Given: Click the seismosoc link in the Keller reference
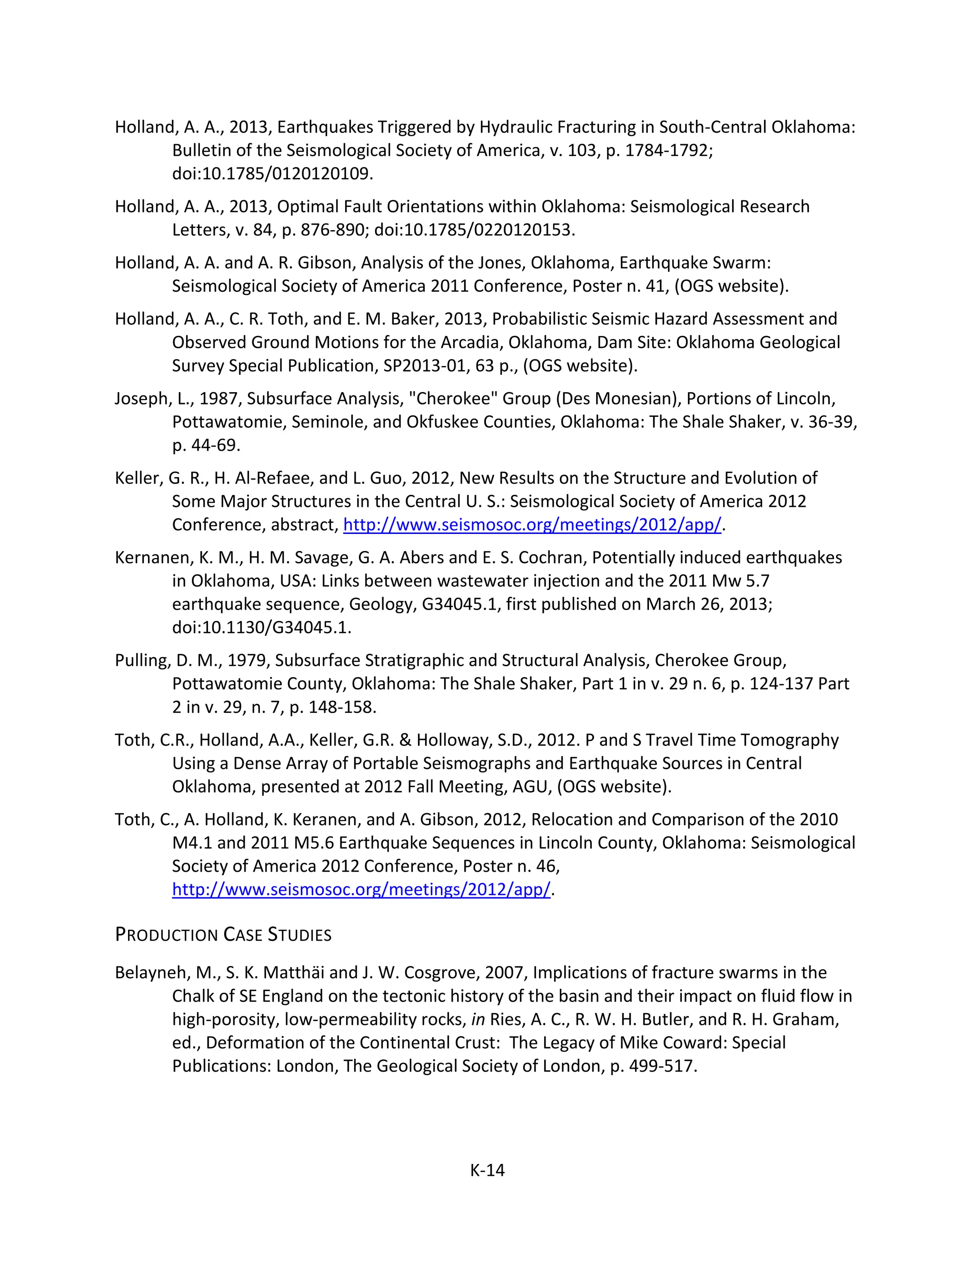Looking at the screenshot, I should pyautogui.click(x=532, y=525).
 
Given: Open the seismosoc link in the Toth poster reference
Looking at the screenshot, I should pyautogui.click(x=361, y=889).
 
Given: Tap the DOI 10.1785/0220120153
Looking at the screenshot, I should pyautogui.click(x=474, y=230).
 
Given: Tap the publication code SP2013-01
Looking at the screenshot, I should pyautogui.click(x=426, y=366).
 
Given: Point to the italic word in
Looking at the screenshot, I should pyautogui.click(x=477, y=1019).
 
